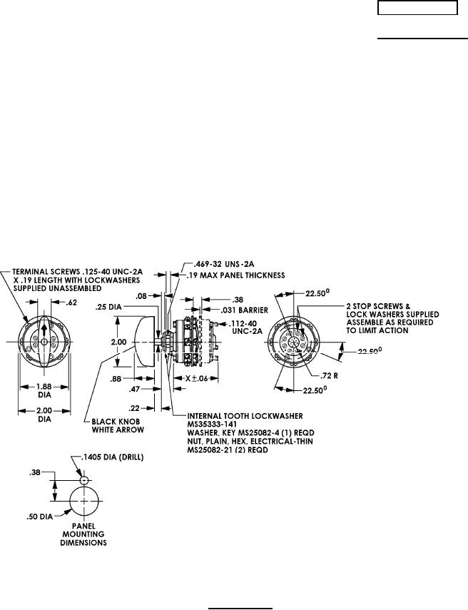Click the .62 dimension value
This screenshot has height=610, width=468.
(x=71, y=303)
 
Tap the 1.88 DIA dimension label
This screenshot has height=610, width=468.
(x=45, y=391)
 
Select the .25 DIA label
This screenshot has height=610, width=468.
(x=108, y=307)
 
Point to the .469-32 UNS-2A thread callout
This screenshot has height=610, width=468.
(x=220, y=265)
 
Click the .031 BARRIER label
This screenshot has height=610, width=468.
(x=244, y=310)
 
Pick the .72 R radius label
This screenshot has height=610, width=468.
(x=329, y=376)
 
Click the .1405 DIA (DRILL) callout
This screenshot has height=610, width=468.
(x=113, y=457)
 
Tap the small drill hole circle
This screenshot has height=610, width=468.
(x=84, y=480)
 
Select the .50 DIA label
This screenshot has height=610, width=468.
(x=39, y=517)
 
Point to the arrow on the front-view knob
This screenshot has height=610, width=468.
(x=44, y=330)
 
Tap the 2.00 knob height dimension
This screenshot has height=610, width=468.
(x=118, y=342)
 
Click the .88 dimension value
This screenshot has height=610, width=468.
(x=116, y=379)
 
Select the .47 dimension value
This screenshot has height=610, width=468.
(x=134, y=389)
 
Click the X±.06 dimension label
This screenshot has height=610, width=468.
(x=196, y=378)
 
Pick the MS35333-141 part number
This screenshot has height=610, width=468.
(x=212, y=424)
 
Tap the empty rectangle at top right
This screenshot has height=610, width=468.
(x=417, y=8)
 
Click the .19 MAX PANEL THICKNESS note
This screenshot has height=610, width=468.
(x=235, y=275)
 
